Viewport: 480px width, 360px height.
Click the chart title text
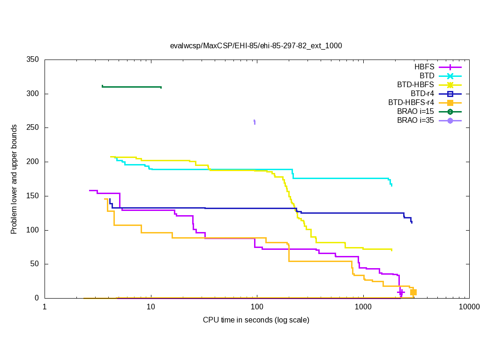point(256,46)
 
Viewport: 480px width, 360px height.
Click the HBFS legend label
point(424,67)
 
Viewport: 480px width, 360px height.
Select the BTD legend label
point(427,76)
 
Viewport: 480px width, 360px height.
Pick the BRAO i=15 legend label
point(415,112)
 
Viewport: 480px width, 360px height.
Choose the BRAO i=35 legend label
point(415,120)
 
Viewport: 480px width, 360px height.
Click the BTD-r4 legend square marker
point(450,94)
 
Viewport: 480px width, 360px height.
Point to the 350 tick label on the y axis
point(32,60)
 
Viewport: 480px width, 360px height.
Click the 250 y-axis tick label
point(32,128)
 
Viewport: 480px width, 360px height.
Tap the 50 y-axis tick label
point(34,264)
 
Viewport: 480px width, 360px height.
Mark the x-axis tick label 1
point(45,307)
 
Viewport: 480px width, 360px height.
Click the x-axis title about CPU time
point(256,320)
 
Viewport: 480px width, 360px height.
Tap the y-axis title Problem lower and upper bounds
point(14,179)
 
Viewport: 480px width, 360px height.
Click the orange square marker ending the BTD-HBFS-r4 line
point(413,292)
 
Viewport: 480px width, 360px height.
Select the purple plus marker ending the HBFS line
point(401,292)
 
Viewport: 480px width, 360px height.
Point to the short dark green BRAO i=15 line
point(131,87)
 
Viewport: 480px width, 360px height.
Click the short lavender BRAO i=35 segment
point(255,122)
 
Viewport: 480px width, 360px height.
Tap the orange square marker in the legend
point(450,103)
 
